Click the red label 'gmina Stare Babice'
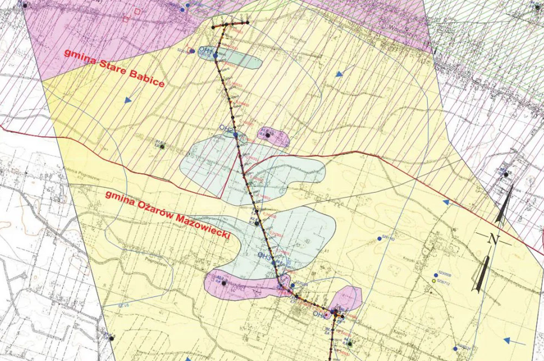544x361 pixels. tap(114, 68)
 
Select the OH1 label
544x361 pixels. tap(206, 50)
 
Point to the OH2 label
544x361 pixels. tap(227, 128)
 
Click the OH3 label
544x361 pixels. tap(264, 256)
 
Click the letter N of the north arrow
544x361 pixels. tap(493, 239)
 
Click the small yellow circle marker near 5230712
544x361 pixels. tap(433, 281)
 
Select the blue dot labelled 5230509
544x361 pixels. tap(436, 275)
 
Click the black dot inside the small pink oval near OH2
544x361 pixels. tap(268, 135)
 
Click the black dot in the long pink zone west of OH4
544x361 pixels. tap(224, 283)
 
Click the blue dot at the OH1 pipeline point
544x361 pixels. tap(215, 56)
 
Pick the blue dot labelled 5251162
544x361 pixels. tap(379, 239)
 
